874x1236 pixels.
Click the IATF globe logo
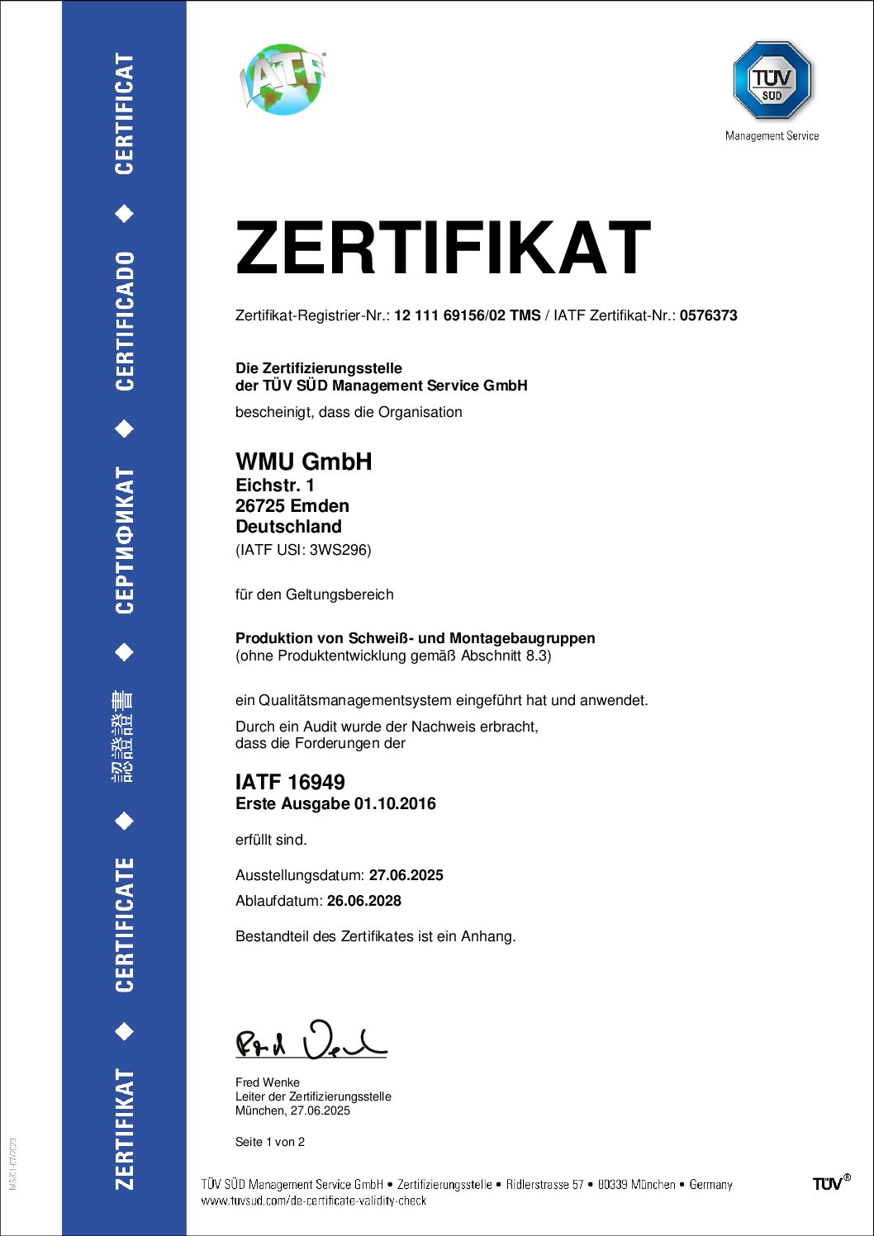[283, 78]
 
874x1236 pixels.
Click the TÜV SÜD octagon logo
[772, 80]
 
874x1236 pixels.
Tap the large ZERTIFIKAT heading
[443, 248]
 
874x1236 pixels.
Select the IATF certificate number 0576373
[708, 315]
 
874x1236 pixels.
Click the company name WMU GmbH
[303, 462]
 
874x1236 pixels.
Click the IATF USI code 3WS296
[340, 550]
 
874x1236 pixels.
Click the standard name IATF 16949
[290, 782]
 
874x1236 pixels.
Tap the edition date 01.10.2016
[395, 804]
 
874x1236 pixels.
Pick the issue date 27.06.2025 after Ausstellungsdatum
[406, 875]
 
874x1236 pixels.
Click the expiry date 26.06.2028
[363, 901]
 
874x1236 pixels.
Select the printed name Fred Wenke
[268, 1082]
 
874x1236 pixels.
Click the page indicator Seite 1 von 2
[270, 1142]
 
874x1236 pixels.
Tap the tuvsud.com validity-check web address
[313, 1201]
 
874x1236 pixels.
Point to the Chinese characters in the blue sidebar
[124, 736]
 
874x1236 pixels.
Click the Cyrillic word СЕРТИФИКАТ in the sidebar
[124, 541]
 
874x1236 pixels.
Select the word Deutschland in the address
[288, 527]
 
